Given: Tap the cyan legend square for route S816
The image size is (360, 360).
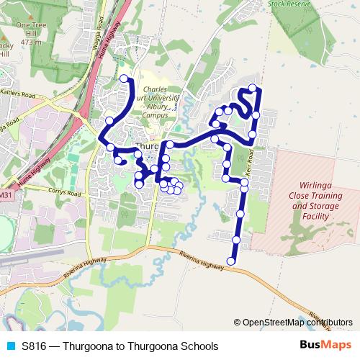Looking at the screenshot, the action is pyautogui.click(x=10, y=346).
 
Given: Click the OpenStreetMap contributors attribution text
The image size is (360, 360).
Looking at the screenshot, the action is pyautogui.click(x=297, y=323).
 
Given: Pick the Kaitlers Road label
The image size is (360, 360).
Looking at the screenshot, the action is pyautogui.click(x=17, y=94).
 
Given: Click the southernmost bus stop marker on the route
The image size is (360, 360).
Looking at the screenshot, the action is pyautogui.click(x=232, y=261).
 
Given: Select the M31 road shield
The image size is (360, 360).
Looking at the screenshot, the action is pyautogui.click(x=6, y=194).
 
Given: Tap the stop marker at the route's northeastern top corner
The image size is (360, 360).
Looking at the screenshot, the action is pyautogui.click(x=253, y=88).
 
